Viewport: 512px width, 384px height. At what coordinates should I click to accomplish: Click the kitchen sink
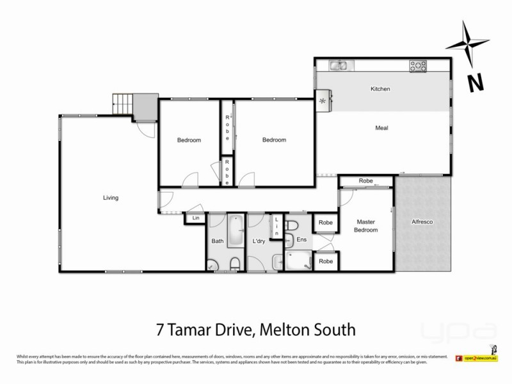(339, 65)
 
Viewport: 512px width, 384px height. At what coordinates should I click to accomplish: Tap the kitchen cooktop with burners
(419, 65)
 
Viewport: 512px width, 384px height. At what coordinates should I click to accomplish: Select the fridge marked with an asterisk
(323, 101)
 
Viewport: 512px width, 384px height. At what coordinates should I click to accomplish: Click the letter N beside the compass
(474, 82)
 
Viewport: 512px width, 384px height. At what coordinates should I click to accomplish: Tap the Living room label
(111, 198)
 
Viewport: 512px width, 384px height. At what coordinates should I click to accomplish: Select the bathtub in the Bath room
(235, 231)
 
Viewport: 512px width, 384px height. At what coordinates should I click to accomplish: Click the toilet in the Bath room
(235, 262)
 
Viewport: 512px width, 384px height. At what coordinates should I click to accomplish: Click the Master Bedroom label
(366, 226)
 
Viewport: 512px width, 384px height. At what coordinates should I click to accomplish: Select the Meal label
(382, 128)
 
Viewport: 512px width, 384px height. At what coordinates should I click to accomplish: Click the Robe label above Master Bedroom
(365, 181)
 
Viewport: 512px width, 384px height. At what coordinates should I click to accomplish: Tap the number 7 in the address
(160, 330)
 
